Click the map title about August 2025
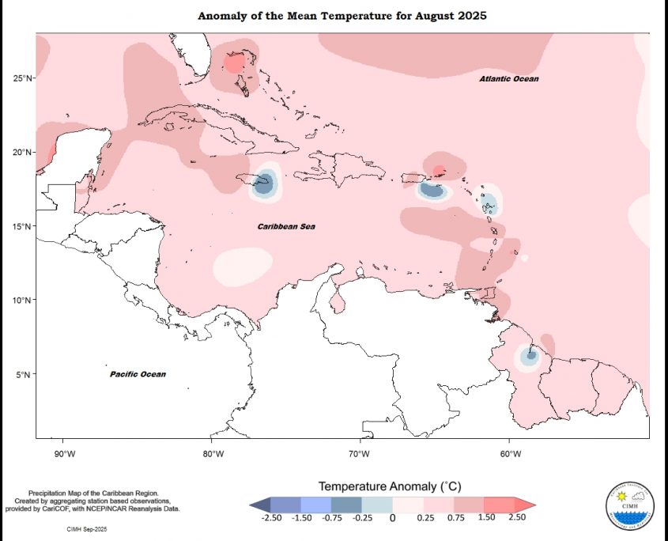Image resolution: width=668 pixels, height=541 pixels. click(x=342, y=16)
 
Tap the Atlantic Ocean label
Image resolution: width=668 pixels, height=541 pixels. click(x=509, y=79)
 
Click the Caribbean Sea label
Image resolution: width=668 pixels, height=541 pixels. click(x=286, y=227)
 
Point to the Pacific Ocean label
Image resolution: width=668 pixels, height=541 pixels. click(x=138, y=374)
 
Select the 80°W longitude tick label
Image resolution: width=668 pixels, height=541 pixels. click(x=213, y=453)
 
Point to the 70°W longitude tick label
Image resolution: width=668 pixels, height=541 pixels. click(x=361, y=453)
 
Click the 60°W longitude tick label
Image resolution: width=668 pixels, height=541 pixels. click(x=510, y=453)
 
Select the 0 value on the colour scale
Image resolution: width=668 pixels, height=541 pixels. click(x=392, y=518)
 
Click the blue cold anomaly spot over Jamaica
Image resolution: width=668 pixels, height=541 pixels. click(x=264, y=183)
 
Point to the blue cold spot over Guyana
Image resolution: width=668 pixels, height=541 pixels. click(x=530, y=355)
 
